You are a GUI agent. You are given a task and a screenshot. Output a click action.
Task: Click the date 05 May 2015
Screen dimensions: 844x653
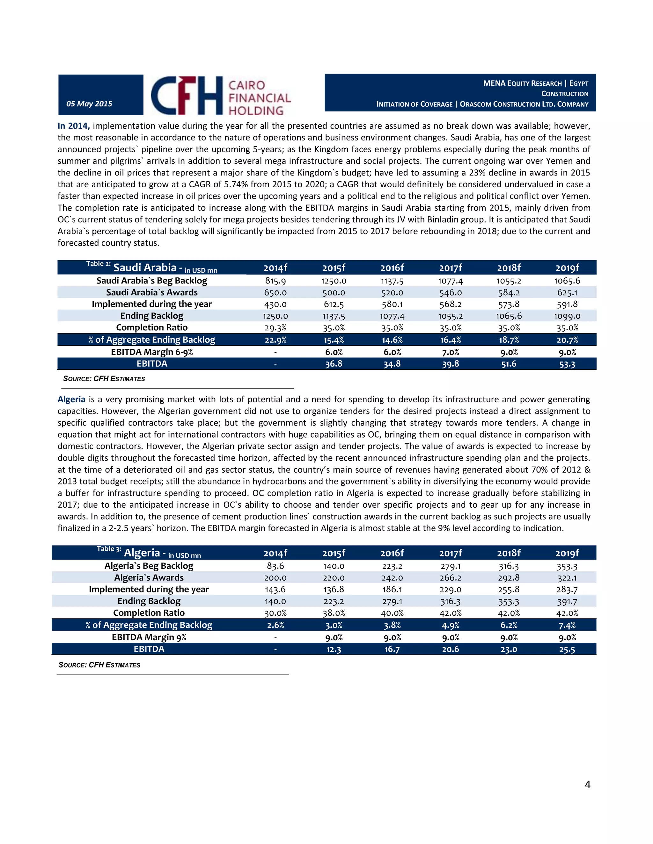pos(89,104)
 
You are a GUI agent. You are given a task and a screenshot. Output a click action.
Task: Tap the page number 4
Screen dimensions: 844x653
pos(587,784)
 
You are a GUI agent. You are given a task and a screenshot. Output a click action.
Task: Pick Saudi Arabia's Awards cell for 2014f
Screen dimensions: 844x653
pos(275,293)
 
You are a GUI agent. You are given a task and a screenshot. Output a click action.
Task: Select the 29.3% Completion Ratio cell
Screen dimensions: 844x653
pos(275,328)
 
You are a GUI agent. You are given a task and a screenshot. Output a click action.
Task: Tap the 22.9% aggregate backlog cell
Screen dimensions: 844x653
pos(275,340)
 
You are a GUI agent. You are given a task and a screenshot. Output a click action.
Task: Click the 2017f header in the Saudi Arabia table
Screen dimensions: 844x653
pos(450,268)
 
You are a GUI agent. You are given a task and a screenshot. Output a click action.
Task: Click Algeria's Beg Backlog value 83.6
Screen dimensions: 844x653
pos(275,566)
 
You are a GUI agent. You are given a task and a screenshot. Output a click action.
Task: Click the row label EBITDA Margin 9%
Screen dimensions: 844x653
pos(149,637)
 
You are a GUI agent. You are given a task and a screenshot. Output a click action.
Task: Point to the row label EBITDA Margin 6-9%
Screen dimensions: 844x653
pos(152,352)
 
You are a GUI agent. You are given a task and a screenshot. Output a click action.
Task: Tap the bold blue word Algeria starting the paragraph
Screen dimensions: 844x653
pos(71,399)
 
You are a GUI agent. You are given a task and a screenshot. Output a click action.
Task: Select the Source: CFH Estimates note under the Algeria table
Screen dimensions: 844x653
pos(99,665)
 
